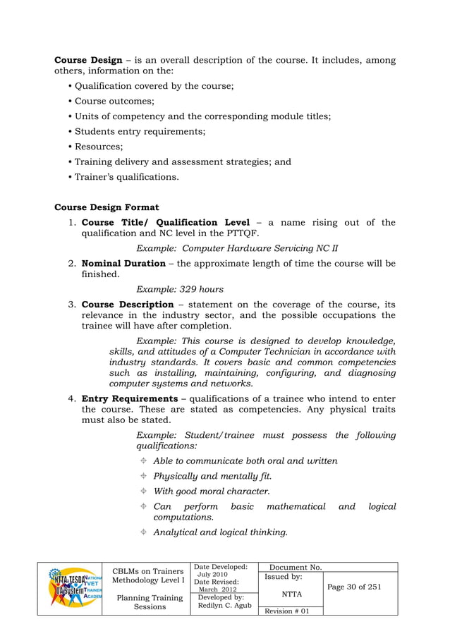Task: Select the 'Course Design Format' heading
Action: (107, 207)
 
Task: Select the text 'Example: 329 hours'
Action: (180, 289)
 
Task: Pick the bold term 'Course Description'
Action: (128, 305)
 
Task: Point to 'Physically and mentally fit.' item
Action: (213, 476)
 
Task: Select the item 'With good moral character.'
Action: (212, 491)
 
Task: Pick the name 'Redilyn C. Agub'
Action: (225, 606)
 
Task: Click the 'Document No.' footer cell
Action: (296, 567)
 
